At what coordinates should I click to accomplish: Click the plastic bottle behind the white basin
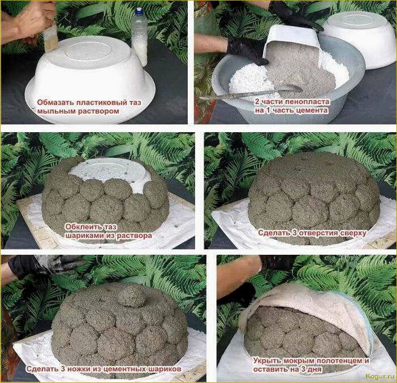(139, 37)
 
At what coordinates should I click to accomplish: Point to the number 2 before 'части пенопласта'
(257, 102)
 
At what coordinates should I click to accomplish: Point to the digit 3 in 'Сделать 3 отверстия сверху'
(294, 233)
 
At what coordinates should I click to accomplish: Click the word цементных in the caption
(123, 369)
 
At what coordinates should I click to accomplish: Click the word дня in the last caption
(315, 369)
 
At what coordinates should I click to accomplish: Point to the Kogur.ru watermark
(380, 376)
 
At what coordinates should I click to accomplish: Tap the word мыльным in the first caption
(57, 111)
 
